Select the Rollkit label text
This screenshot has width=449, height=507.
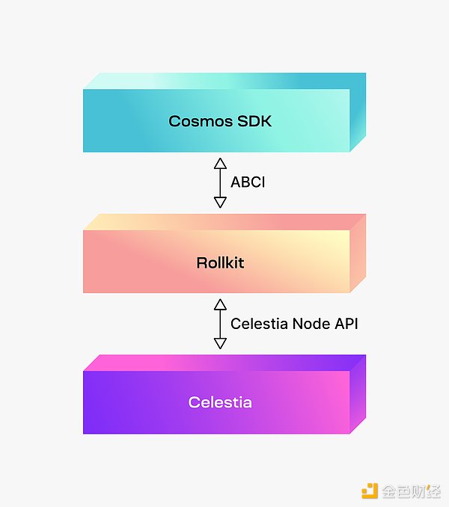point(219,262)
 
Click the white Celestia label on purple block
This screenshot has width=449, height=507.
point(219,402)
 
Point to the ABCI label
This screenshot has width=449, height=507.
point(247,182)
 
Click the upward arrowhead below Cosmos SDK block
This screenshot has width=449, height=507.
point(220,163)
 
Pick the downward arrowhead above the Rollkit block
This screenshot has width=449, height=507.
point(220,202)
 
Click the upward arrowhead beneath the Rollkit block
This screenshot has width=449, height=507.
point(220,304)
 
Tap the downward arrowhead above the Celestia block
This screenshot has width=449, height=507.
point(220,343)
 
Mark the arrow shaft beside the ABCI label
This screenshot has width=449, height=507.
point(220,182)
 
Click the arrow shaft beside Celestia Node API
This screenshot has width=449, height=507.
point(220,324)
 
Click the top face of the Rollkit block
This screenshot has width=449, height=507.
point(224,222)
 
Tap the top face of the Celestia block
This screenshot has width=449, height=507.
point(224,363)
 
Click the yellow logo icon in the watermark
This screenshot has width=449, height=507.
point(370,491)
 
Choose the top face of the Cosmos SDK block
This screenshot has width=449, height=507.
point(224,81)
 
